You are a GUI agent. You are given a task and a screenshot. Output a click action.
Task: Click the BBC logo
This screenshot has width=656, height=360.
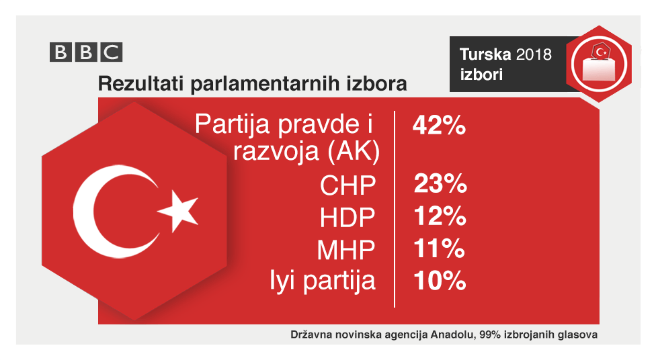(x=85, y=52)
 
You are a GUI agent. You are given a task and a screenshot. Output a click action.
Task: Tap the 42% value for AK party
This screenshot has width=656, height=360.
(x=438, y=126)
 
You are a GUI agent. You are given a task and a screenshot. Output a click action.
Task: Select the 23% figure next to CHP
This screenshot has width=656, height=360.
(x=438, y=185)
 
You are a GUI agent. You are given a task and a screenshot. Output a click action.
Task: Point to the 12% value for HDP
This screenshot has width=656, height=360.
(x=438, y=216)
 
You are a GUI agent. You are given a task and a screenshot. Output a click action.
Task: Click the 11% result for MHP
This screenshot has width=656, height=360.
(x=438, y=249)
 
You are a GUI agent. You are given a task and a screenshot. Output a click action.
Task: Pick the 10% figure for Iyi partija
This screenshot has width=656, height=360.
(x=438, y=281)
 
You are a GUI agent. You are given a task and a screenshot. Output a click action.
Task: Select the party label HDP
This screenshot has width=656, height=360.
(x=347, y=218)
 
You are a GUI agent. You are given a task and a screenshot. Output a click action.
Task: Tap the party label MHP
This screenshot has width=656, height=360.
(x=345, y=250)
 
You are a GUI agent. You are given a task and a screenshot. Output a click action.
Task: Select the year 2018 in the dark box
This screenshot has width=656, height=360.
(x=534, y=54)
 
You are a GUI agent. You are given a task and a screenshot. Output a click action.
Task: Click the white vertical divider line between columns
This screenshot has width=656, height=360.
(x=395, y=208)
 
